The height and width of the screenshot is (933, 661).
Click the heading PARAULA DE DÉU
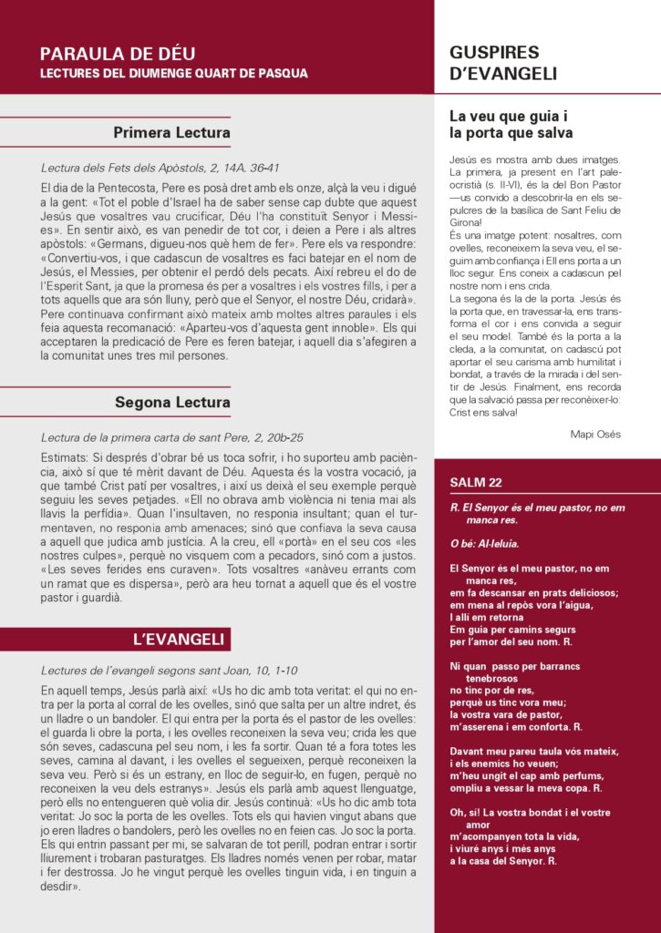coord(118,54)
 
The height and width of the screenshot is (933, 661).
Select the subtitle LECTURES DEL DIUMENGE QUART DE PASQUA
coord(174,73)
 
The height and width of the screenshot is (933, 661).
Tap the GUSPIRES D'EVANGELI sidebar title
coord(503,63)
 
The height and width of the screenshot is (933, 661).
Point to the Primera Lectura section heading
coord(171,133)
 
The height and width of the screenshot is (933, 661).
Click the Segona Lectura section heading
coord(172,402)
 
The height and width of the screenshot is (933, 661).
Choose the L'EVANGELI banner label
coord(179,640)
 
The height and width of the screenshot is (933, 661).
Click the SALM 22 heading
coord(475,482)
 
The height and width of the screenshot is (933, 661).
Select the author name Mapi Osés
coord(595,434)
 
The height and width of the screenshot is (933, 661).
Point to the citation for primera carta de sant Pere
coord(172,437)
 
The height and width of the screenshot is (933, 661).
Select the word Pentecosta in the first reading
coord(117,187)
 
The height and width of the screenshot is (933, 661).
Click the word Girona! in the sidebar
coord(467,221)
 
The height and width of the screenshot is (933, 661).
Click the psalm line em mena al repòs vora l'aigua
coord(522,605)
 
